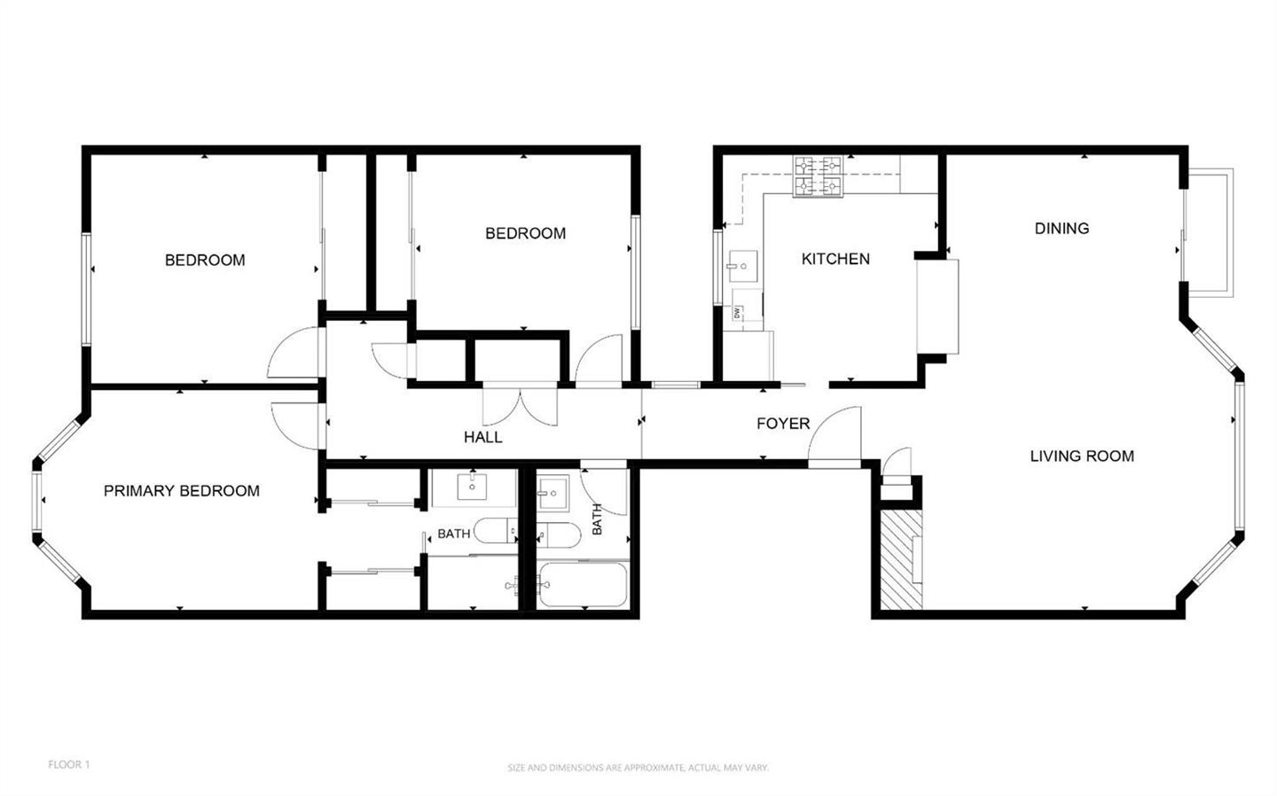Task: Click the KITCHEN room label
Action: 835,259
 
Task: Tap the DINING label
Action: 1062,229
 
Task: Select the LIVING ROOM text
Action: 1082,456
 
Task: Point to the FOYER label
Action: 783,424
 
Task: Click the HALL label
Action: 482,437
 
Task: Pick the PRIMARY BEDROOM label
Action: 181,490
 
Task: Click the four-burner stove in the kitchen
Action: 818,176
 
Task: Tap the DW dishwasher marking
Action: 737,312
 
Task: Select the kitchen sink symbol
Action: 743,266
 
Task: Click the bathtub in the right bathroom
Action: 582,585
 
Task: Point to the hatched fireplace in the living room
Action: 901,559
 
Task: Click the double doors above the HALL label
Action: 520,406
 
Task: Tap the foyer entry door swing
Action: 834,436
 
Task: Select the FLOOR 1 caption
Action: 69,765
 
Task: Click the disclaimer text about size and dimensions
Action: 638,769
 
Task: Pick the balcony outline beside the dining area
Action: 1210,232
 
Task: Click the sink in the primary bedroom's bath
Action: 472,488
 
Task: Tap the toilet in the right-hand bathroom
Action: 559,535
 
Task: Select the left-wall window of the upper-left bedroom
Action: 86,289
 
